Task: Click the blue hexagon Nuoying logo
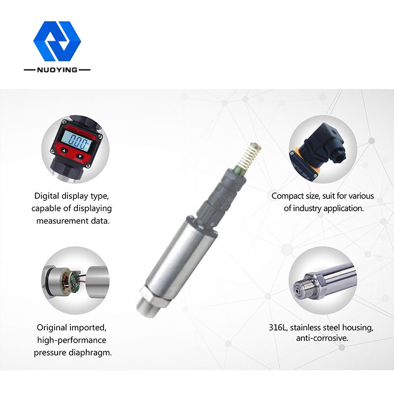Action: [x=57, y=41]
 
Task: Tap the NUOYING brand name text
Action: [x=57, y=70]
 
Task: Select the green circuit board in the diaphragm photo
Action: [x=75, y=282]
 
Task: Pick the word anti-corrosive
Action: [x=322, y=338]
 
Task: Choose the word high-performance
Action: [x=71, y=340]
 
